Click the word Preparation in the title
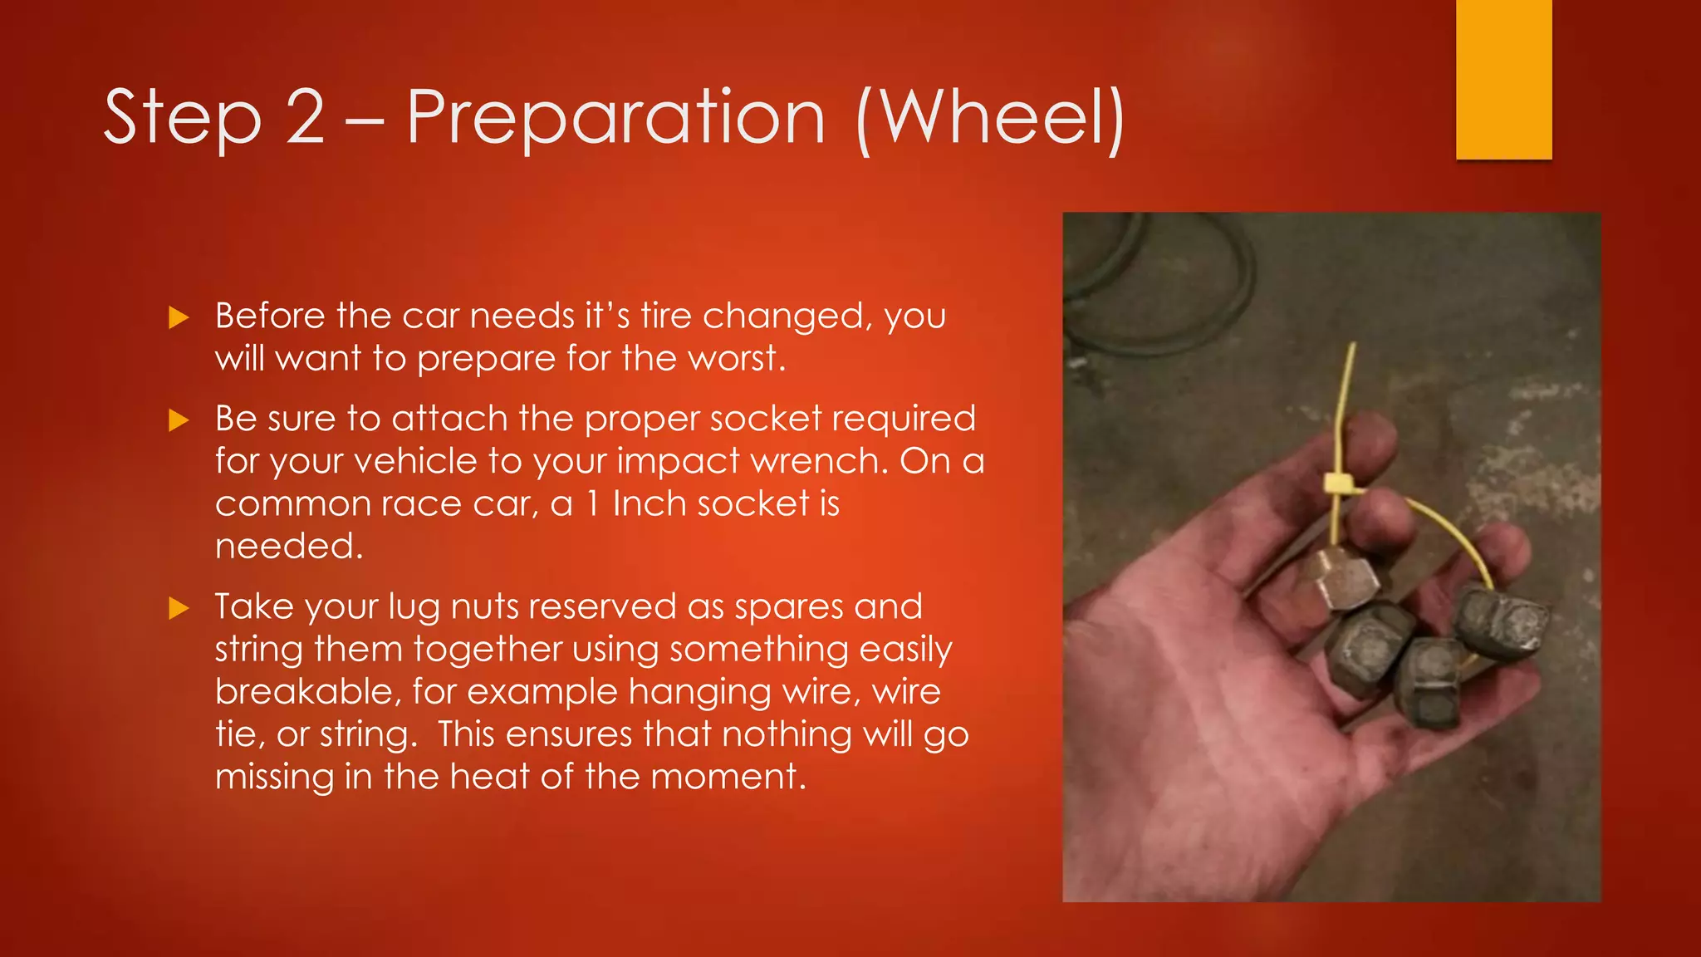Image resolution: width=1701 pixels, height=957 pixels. point(615,118)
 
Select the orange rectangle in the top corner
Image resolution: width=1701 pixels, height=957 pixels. point(1503,79)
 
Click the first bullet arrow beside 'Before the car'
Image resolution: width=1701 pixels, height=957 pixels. point(179,317)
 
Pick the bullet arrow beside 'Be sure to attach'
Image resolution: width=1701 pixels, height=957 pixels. point(179,420)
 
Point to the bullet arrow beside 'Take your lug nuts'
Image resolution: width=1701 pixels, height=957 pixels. point(179,608)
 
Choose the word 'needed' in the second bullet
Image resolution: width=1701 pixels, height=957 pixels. point(287,547)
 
